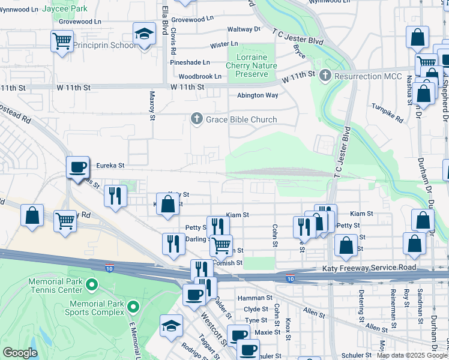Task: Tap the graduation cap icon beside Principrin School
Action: coord(144,34)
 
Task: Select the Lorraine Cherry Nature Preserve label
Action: coord(252,65)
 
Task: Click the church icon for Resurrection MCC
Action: coord(325,76)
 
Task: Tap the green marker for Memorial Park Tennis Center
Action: coord(91,284)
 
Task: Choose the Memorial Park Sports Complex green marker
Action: coord(133,308)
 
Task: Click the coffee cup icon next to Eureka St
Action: coord(77,167)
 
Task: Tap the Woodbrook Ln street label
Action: coord(200,76)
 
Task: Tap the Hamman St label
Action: coord(255,298)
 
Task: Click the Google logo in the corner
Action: coord(20,353)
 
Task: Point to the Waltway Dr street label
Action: coord(244,29)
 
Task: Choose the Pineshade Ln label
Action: coord(190,62)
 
